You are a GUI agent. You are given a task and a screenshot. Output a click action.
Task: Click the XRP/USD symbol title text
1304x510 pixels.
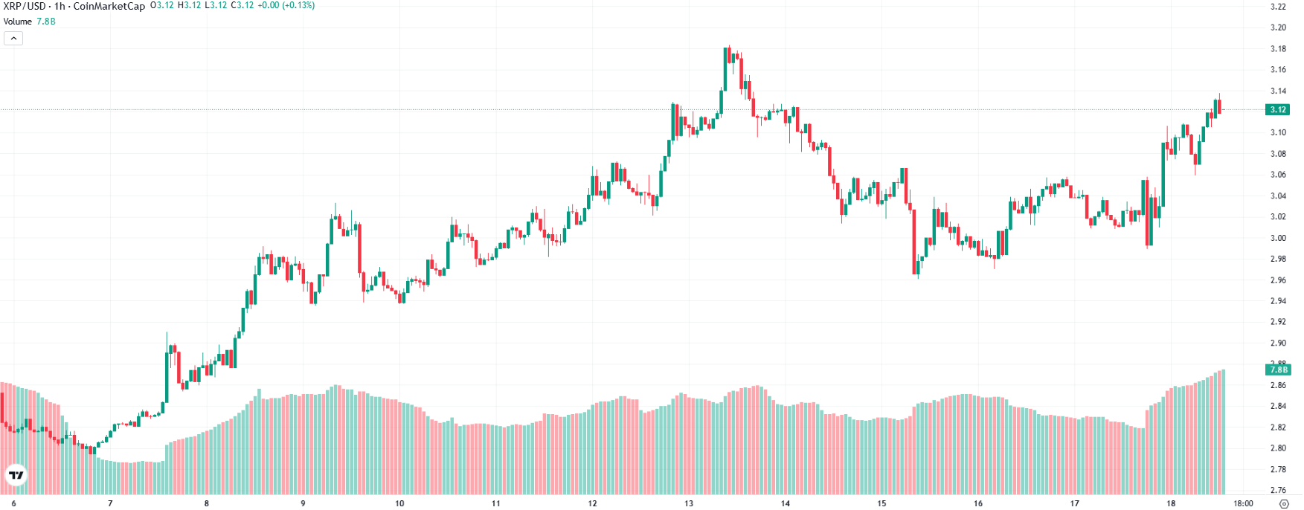click(x=25, y=6)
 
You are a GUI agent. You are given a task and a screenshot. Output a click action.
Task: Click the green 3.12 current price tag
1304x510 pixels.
click(x=1277, y=109)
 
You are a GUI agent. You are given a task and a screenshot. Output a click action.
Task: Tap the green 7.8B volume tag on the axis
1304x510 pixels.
click(x=1277, y=369)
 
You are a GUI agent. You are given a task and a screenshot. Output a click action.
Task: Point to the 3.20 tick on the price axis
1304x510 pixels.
click(x=1277, y=28)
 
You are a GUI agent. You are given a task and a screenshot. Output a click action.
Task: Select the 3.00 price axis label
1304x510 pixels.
click(x=1277, y=238)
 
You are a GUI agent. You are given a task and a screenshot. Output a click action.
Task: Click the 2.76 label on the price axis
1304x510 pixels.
click(x=1277, y=490)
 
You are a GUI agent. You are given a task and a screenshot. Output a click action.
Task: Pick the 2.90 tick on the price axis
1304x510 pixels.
click(x=1277, y=343)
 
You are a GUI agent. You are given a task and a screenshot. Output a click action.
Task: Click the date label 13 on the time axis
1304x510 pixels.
click(x=689, y=503)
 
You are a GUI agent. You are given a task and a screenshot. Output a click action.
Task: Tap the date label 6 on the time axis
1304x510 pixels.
click(x=13, y=503)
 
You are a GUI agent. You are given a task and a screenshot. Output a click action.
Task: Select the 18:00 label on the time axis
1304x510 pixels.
click(x=1243, y=503)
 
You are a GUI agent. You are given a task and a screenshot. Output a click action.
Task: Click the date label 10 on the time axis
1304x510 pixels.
click(x=399, y=503)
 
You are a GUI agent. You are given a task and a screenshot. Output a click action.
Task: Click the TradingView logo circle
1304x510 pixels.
click(x=16, y=475)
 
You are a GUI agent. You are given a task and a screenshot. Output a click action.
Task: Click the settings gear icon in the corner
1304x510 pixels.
click(x=1283, y=503)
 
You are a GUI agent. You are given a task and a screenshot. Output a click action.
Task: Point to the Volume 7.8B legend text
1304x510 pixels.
click(x=29, y=22)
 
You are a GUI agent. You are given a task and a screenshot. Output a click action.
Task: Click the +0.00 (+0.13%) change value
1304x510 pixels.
click(x=286, y=5)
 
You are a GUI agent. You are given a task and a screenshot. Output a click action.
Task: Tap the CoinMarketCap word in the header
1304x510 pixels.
click(x=109, y=6)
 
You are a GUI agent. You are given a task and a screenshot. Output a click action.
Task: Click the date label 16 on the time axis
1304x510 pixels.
click(x=977, y=503)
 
